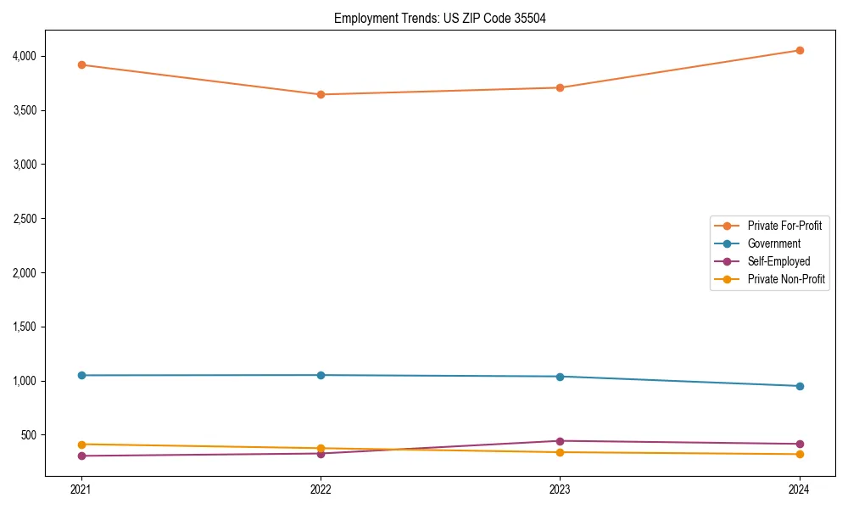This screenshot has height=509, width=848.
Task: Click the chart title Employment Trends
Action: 439,18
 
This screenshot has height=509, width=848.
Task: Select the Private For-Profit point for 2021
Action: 81,64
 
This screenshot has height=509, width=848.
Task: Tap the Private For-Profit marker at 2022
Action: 321,94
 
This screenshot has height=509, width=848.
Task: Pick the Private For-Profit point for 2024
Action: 800,50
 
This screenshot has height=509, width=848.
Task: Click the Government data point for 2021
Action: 81,375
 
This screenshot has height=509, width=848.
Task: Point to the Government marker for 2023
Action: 561,377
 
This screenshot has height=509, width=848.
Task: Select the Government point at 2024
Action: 800,386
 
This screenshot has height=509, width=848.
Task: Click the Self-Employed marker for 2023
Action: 561,441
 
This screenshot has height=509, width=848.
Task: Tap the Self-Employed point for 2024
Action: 800,444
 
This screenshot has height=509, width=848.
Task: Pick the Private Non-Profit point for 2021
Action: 81,445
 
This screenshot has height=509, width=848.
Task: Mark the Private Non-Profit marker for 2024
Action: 800,454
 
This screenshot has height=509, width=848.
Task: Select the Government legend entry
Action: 773,243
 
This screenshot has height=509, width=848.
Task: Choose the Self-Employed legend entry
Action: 778,261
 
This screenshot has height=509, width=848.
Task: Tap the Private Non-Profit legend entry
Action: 786,279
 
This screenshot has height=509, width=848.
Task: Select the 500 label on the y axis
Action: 53,435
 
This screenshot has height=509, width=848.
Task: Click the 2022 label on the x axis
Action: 321,489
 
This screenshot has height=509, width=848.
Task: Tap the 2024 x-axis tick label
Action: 800,489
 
